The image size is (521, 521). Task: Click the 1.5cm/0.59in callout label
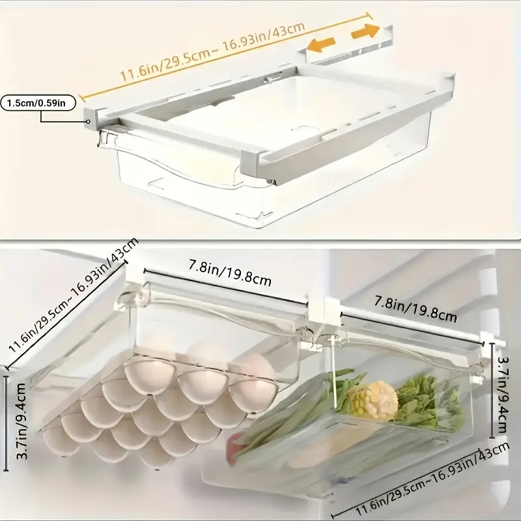tap(38, 103)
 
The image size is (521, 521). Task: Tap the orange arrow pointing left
tap(320, 45)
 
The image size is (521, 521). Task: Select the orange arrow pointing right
tap(365, 31)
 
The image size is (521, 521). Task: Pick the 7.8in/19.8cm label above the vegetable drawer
tap(415, 309)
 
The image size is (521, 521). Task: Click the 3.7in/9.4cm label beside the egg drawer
tap(21, 421)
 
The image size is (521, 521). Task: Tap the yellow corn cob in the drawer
tap(374, 401)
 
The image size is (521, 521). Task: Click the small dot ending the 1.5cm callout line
tap(89, 121)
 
